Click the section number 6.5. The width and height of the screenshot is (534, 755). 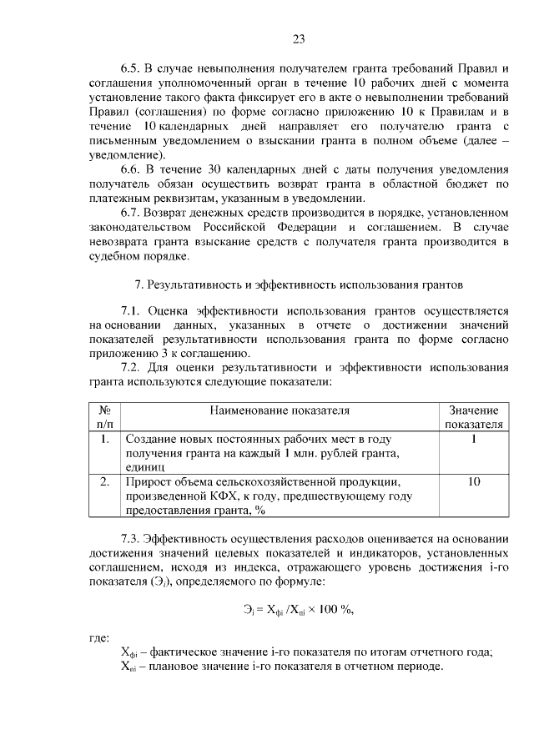[132, 68]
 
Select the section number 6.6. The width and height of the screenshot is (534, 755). [132, 169]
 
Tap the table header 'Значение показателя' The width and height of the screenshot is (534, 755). [473, 417]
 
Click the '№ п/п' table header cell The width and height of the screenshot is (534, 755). [105, 417]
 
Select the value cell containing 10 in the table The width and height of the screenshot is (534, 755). [473, 481]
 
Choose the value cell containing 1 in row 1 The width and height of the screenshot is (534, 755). [473, 438]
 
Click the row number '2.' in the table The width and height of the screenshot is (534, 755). [105, 481]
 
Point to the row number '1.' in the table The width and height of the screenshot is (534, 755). [105, 438]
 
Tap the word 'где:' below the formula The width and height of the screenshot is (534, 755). [99, 638]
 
